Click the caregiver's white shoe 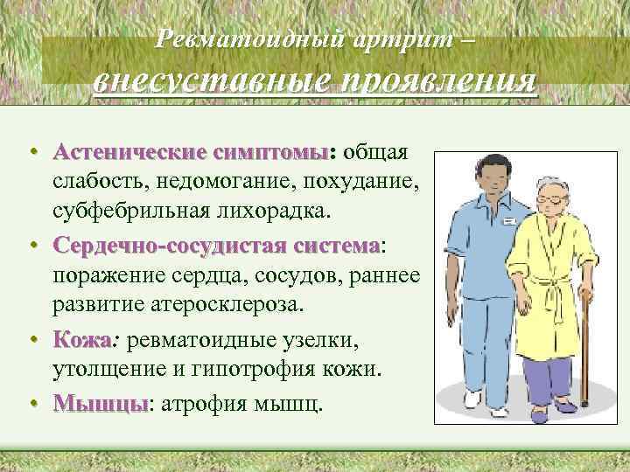(472, 399)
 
